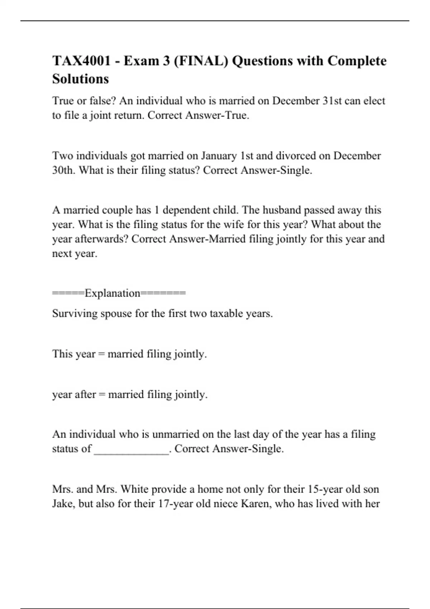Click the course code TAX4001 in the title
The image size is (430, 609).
click(81, 61)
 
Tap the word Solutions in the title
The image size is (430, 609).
click(81, 79)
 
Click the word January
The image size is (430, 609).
click(219, 156)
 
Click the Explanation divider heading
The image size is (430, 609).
click(119, 293)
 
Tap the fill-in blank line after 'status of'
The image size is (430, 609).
click(131, 449)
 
